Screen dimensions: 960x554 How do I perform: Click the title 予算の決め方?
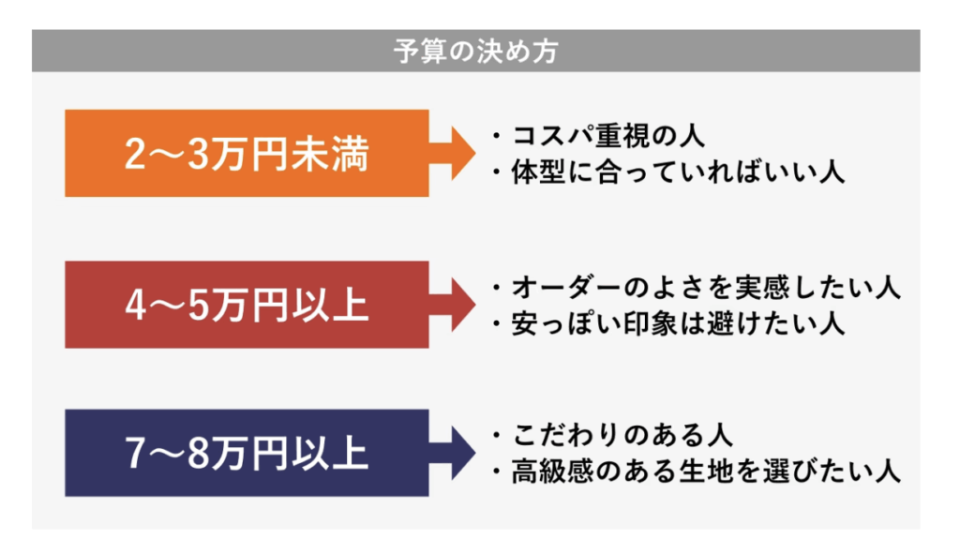click(x=475, y=51)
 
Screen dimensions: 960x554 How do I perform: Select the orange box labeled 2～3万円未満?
click(x=247, y=153)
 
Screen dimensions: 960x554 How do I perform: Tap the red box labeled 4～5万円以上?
click(x=247, y=305)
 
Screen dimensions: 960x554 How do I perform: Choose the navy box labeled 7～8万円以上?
click(x=247, y=453)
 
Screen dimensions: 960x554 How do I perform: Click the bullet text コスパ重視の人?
click(x=608, y=135)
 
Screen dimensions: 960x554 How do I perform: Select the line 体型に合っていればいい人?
click(x=679, y=172)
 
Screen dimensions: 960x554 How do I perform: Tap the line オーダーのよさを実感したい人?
click(x=706, y=287)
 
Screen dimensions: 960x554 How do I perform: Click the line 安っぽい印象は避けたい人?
click(x=679, y=323)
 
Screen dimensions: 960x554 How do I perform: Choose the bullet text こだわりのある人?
click(x=622, y=435)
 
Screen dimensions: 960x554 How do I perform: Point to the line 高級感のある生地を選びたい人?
click(x=706, y=472)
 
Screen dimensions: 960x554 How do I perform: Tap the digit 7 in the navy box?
click(x=135, y=454)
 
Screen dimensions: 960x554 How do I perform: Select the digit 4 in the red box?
click(x=135, y=306)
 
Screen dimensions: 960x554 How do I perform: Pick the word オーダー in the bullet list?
click(x=567, y=287)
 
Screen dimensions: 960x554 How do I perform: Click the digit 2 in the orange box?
click(x=135, y=154)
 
